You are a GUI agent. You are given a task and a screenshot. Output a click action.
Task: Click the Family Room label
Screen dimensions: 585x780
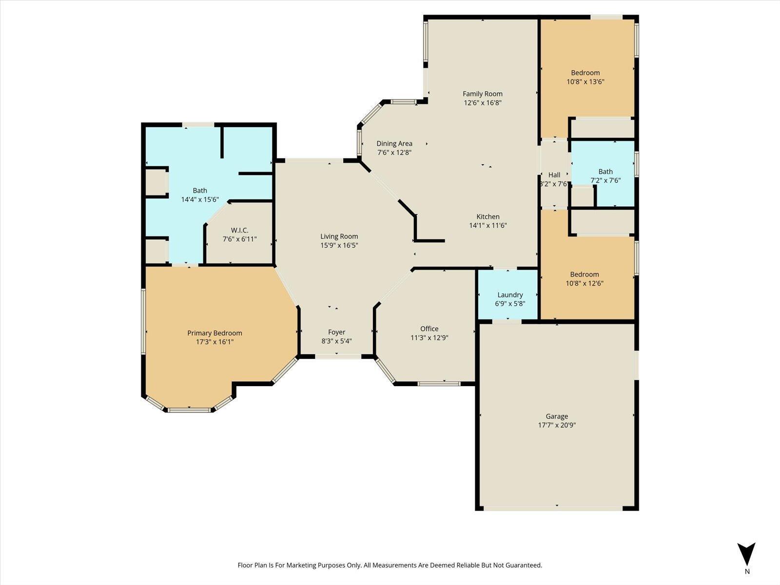(x=482, y=94)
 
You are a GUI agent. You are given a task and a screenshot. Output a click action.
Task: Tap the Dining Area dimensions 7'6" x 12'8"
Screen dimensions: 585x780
(x=394, y=152)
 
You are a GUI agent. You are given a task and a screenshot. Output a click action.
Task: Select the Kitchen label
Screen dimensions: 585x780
(x=487, y=216)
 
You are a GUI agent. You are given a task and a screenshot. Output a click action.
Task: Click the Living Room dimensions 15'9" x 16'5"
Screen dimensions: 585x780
(x=339, y=245)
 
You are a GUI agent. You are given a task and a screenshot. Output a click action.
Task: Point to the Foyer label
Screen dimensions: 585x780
(x=336, y=332)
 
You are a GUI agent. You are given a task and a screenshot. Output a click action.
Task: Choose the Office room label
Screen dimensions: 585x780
(x=429, y=329)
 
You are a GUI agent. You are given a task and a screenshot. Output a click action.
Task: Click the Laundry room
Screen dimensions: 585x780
(x=510, y=294)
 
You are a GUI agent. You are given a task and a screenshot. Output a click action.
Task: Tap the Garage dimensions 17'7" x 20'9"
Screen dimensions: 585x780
(x=557, y=425)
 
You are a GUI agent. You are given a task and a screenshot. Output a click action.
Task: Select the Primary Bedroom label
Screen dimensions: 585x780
(x=214, y=333)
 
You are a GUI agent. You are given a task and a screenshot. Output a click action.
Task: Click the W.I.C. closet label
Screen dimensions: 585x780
(x=239, y=230)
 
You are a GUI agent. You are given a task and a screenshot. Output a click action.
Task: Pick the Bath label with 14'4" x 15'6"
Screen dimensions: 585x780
(x=200, y=191)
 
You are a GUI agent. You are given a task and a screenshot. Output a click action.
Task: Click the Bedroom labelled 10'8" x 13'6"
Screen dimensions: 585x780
(x=585, y=73)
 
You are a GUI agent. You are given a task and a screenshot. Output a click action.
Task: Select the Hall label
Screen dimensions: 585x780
(x=554, y=175)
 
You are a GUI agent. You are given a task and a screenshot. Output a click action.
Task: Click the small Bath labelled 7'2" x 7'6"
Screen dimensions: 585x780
(x=605, y=172)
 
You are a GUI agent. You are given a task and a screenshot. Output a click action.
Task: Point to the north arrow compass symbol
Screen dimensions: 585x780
(x=746, y=554)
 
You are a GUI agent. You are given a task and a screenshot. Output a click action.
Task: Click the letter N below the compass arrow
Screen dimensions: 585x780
(x=747, y=571)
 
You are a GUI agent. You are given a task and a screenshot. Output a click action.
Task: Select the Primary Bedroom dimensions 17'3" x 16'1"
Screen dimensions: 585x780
(x=214, y=342)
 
